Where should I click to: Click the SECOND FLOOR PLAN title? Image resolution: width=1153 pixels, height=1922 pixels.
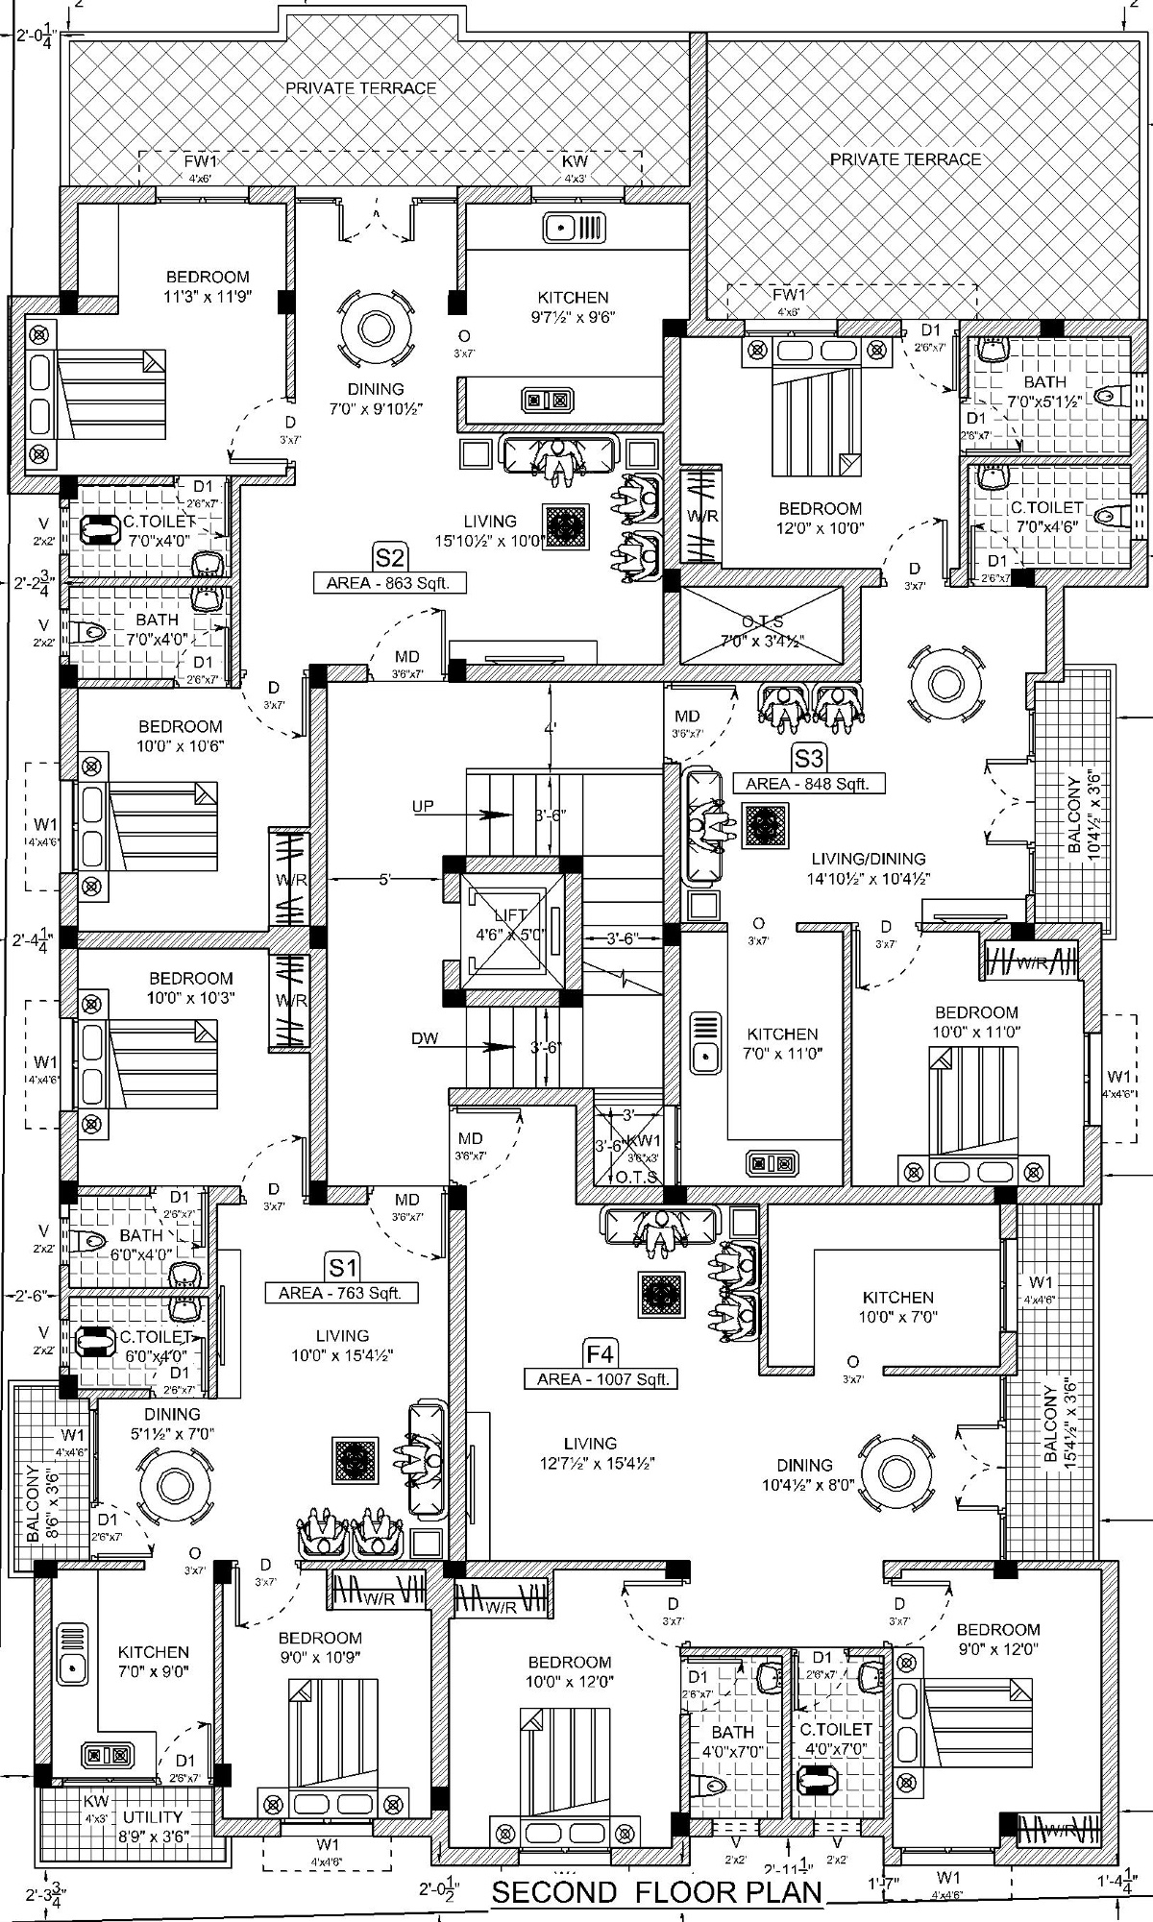(x=658, y=1891)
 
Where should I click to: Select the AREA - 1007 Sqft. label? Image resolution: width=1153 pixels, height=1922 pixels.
(x=601, y=1378)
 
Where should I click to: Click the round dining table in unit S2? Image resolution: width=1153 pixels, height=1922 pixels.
(x=376, y=328)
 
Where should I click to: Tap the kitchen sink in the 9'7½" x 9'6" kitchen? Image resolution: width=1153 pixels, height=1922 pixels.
(x=574, y=229)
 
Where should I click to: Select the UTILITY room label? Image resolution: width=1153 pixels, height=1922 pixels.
(x=153, y=1817)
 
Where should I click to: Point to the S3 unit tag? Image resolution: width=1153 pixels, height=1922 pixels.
(x=809, y=759)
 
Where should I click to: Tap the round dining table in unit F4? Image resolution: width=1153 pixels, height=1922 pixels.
(x=895, y=1469)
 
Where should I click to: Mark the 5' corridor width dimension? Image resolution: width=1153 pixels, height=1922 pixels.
(x=384, y=878)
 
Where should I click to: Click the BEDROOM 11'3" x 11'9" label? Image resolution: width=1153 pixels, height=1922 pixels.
(x=207, y=286)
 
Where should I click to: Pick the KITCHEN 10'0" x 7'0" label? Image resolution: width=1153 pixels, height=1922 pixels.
(x=897, y=1306)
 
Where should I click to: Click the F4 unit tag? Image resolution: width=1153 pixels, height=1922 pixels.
(x=601, y=1354)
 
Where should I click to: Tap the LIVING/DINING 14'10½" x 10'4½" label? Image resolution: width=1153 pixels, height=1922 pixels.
(x=868, y=867)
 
